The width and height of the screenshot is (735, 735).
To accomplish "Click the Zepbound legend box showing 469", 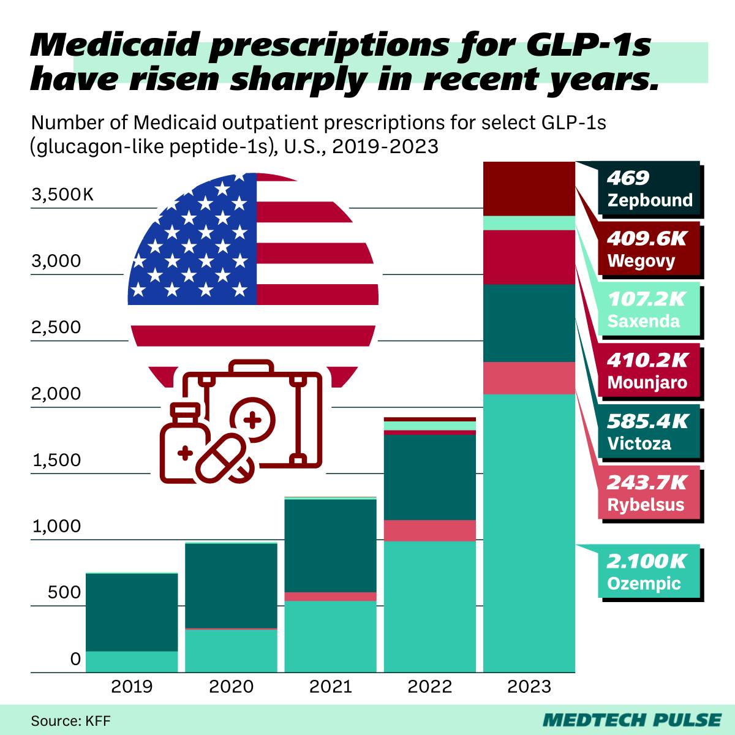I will [649, 189].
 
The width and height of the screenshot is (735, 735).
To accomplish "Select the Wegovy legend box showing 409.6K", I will [649, 250].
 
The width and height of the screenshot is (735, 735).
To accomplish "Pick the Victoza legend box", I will [649, 433].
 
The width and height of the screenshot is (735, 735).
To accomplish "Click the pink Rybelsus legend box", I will [649, 494].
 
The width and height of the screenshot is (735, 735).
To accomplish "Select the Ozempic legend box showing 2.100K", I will [649, 571].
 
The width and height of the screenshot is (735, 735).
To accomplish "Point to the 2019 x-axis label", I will [132, 686].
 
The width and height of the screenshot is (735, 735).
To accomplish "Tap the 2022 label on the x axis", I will [429, 686].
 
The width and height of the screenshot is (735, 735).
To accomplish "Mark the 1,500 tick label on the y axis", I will [56, 460].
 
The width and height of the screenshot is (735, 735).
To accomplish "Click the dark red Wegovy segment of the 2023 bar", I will [529, 189].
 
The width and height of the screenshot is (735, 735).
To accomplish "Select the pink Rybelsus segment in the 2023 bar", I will [529, 378].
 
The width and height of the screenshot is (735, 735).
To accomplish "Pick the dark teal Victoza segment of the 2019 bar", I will [132, 612].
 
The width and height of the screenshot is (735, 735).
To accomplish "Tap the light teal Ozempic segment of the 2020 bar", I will [231, 650].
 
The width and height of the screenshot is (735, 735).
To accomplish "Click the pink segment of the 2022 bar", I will [429, 530].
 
